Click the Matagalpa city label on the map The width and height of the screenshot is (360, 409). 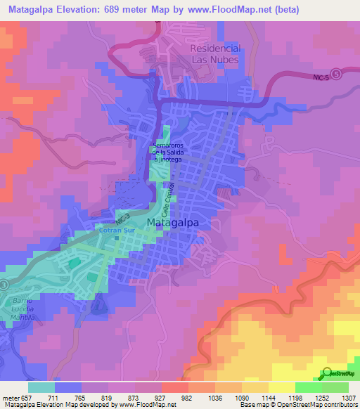[173, 223]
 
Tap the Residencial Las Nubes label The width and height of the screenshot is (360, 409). [214, 54]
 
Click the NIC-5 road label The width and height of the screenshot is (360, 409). [319, 79]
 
